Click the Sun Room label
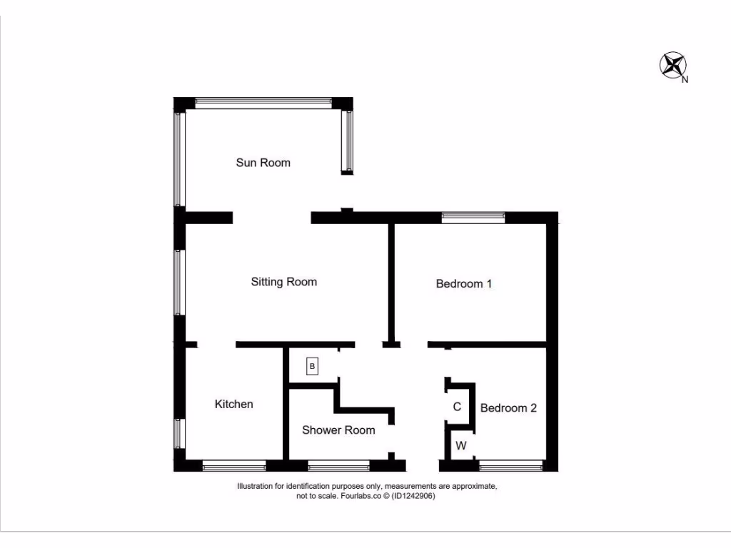[263, 163]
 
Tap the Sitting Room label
[283, 282]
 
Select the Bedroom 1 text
[464, 283]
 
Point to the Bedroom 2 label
[508, 408]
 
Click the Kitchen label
[234, 405]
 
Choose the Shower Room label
[338, 430]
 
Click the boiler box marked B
[312, 366]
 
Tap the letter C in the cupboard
[458, 407]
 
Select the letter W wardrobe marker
[461, 446]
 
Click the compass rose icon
[671, 64]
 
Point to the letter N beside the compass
[685, 80]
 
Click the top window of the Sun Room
[263, 103]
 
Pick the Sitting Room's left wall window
[179, 282]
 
